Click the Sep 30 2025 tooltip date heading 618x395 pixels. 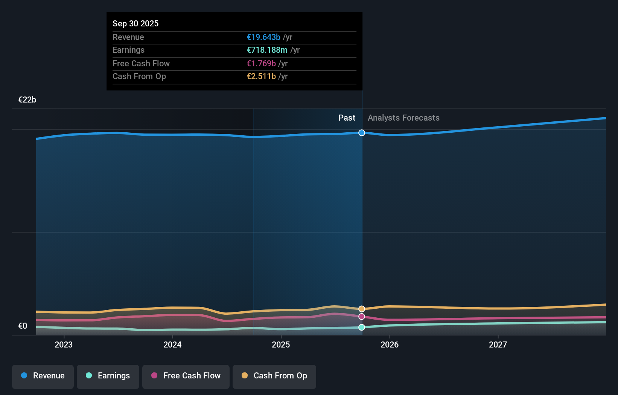(135, 23)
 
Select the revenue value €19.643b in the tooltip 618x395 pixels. (263, 37)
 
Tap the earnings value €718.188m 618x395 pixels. (267, 50)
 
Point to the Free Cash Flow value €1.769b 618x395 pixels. (261, 63)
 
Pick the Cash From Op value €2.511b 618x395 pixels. (261, 76)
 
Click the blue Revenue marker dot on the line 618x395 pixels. (362, 133)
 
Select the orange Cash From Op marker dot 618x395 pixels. (362, 309)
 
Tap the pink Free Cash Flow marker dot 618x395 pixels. (362, 317)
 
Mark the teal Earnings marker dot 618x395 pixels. (362, 327)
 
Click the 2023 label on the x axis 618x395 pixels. (64, 344)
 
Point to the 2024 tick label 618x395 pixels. (172, 344)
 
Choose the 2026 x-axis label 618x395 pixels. (390, 344)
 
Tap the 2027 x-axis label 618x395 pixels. (498, 344)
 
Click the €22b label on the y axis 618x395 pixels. (27, 100)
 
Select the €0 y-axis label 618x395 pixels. (23, 326)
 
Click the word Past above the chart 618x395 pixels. (347, 118)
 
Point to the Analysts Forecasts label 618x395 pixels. (403, 118)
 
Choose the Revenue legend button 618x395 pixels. (43, 376)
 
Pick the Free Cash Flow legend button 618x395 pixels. (186, 376)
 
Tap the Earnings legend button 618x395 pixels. (108, 376)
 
